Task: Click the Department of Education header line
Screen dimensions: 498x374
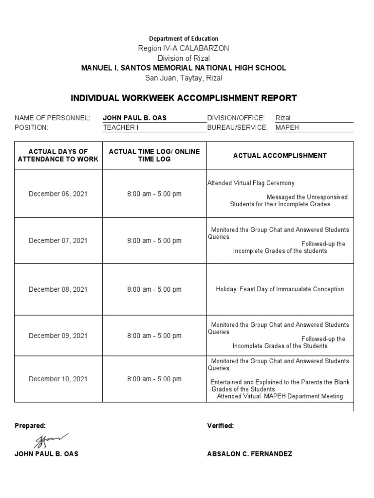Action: pyautogui.click(x=184, y=38)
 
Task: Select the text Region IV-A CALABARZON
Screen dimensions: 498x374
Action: pyautogui.click(x=184, y=48)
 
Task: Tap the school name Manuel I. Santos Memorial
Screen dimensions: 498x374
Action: pyautogui.click(x=184, y=68)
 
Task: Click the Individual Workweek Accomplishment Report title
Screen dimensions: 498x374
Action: pyautogui.click(x=184, y=98)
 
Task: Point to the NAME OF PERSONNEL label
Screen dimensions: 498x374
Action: pyautogui.click(x=52, y=118)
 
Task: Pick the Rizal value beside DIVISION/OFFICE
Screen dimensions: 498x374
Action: pyautogui.click(x=283, y=118)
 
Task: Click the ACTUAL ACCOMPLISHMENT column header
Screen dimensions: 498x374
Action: pyautogui.click(x=280, y=156)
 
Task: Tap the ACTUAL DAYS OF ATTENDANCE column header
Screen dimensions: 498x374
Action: pyautogui.click(x=58, y=156)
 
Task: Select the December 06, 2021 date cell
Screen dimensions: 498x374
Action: pyautogui.click(x=58, y=194)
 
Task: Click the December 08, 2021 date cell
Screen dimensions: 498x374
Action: pyautogui.click(x=58, y=289)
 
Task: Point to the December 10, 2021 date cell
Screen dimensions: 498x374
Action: pyautogui.click(x=58, y=379)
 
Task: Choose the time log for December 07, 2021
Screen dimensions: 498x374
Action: pyautogui.click(x=154, y=241)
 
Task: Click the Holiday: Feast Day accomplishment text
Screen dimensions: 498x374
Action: pyautogui.click(x=280, y=289)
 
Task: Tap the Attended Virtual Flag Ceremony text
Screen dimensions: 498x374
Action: pyautogui.click(x=251, y=183)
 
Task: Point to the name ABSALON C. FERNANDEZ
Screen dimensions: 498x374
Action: pyautogui.click(x=249, y=454)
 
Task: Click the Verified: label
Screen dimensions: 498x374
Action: pyautogui.click(x=221, y=426)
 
